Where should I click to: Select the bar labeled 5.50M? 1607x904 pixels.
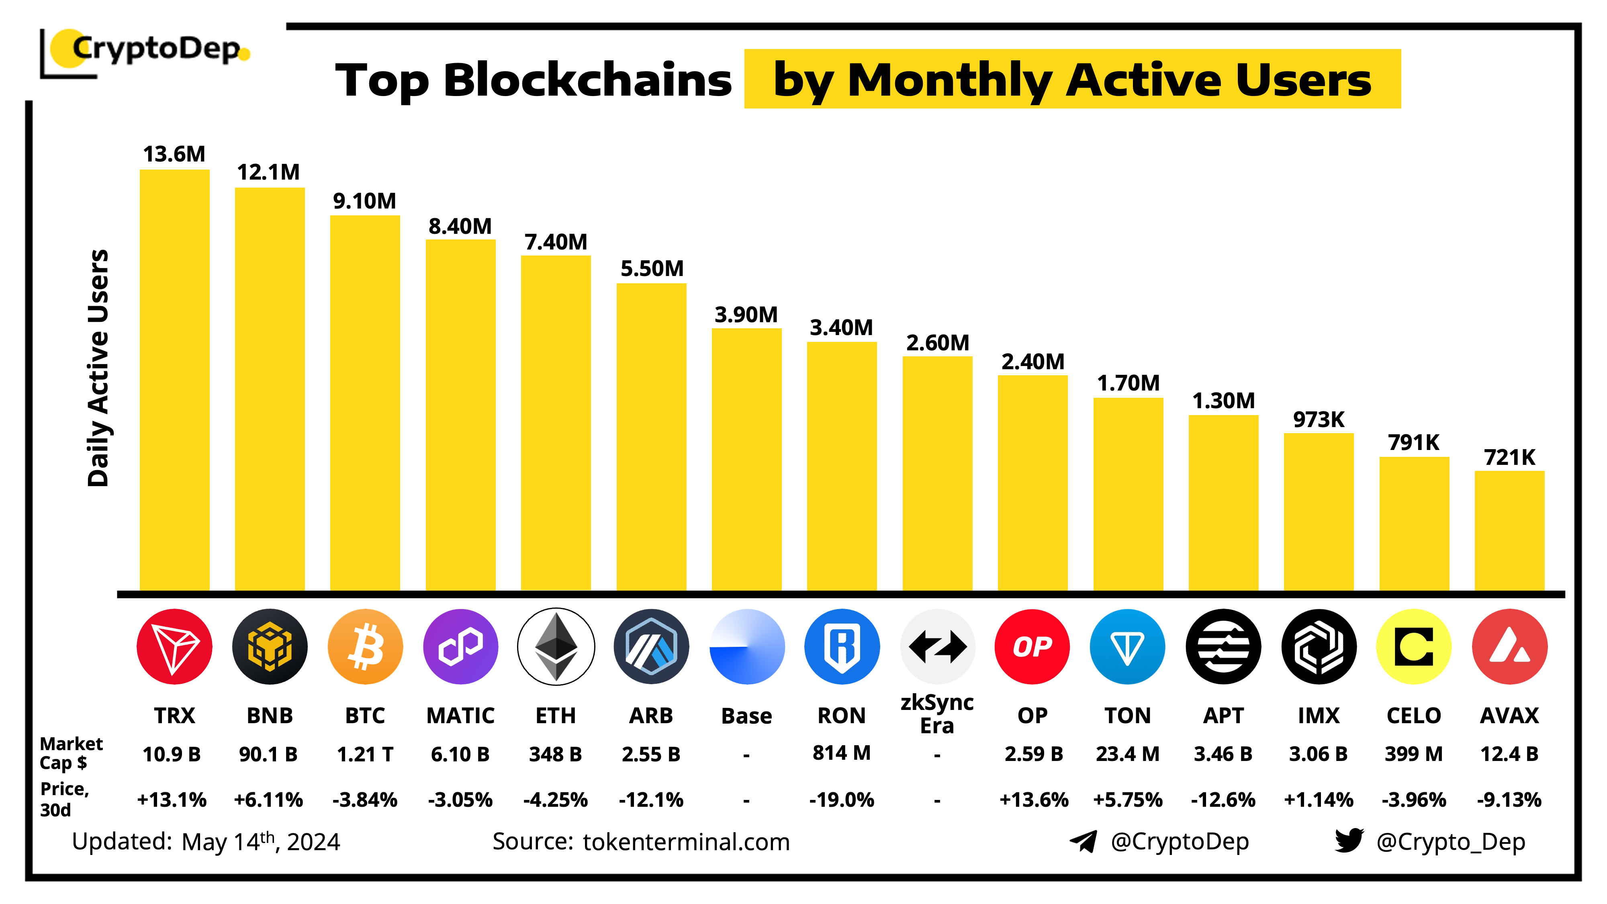pos(651,437)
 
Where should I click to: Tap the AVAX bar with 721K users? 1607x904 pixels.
pos(1509,530)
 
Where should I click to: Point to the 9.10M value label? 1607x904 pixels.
pos(364,201)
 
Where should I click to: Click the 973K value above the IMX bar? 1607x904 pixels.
pos(1318,419)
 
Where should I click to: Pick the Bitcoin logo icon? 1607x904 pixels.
pos(365,646)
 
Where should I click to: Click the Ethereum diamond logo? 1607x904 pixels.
pos(556,646)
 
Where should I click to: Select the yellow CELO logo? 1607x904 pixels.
pos(1414,646)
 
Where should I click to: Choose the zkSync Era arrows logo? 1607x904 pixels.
pos(937,646)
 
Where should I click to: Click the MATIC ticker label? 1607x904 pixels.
pos(460,715)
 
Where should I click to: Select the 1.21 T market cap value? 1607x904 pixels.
pos(365,754)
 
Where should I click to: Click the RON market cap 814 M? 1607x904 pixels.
pos(842,753)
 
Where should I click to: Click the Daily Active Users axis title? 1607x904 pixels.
pos(98,368)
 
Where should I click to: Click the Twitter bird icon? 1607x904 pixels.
pos(1349,841)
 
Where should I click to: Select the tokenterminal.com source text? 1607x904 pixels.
pos(686,842)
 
